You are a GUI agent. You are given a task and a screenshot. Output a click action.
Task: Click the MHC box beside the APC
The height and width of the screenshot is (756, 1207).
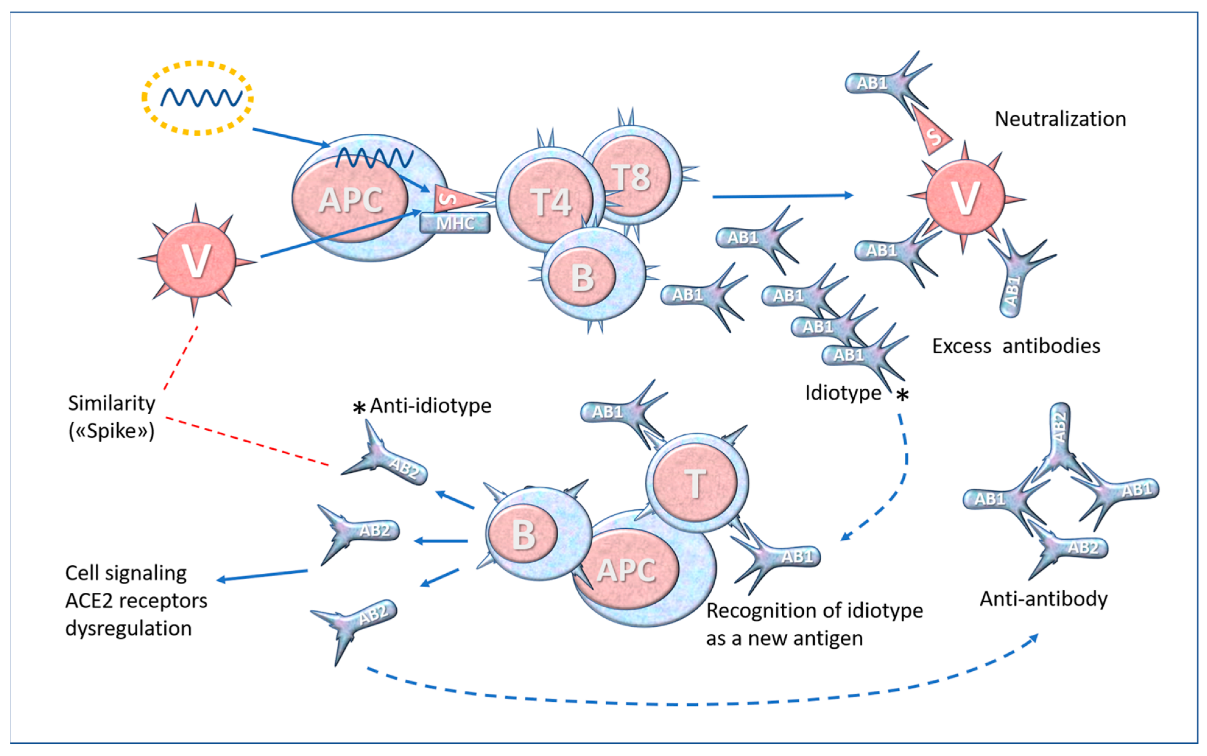click(455, 223)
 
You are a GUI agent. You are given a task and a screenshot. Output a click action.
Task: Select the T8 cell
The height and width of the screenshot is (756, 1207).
click(632, 176)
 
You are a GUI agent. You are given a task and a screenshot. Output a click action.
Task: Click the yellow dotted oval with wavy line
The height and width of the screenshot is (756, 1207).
click(198, 97)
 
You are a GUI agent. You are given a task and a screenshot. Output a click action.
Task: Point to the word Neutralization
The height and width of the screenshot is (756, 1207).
click(1060, 119)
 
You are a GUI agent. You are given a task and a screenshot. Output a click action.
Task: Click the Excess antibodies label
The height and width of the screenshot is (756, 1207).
click(1016, 346)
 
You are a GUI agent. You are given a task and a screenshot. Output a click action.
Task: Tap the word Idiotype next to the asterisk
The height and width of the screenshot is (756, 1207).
click(843, 393)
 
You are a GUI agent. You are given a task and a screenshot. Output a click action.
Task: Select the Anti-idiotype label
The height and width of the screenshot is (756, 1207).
click(430, 405)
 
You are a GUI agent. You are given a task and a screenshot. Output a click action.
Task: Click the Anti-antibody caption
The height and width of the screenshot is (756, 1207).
click(1043, 599)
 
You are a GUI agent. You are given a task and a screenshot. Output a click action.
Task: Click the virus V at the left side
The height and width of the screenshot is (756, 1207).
click(196, 260)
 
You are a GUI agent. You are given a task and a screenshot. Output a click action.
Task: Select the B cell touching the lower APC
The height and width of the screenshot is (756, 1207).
click(524, 534)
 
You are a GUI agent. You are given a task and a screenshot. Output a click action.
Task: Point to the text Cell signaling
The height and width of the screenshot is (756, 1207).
click(126, 573)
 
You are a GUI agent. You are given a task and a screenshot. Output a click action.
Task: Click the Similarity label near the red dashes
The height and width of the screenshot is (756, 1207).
click(111, 403)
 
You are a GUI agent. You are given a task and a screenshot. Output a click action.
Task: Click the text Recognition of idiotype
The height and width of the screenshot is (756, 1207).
click(814, 610)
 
